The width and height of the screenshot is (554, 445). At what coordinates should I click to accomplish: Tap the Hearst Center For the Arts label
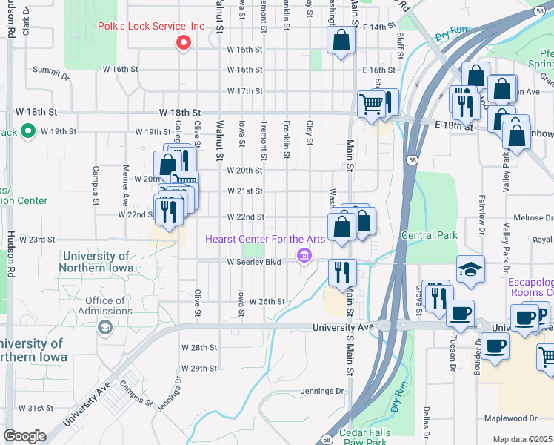pos(264,239)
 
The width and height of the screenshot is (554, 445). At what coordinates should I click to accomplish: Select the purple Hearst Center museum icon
pos(303,257)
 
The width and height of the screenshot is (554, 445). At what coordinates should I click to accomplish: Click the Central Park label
pos(429,235)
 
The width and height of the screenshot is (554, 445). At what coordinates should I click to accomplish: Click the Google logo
pos(24,436)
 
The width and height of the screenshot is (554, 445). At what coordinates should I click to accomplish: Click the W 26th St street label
pos(267,301)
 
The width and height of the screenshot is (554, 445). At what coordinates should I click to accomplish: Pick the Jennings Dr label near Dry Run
pos(322,391)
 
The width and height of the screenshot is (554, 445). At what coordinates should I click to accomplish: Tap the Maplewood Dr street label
pos(511,419)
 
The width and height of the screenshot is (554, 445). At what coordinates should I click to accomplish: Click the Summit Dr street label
pos(51,75)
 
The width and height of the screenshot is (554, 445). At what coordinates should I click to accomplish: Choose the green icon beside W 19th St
pos(28,132)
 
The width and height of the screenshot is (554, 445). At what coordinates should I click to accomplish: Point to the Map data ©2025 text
pos(522,439)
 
